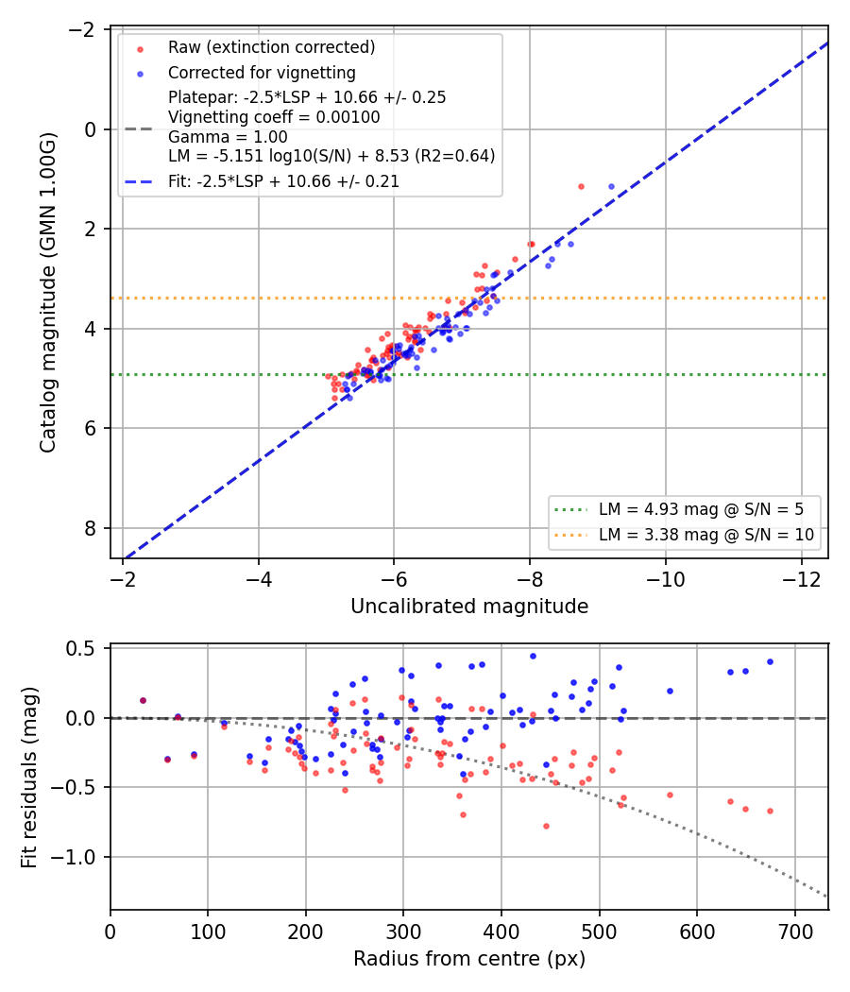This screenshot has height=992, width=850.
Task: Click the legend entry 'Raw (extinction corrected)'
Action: (x=271, y=47)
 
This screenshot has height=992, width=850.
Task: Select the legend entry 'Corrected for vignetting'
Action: (x=262, y=73)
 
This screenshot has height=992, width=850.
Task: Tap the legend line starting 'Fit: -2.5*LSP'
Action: (x=283, y=181)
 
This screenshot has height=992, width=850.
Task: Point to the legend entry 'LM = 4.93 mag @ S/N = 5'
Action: (x=702, y=509)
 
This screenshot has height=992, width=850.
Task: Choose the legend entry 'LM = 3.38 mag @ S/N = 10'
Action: (x=706, y=536)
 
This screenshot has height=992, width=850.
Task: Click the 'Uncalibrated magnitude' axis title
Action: (x=469, y=607)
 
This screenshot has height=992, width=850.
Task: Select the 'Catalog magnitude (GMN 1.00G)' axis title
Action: (x=48, y=292)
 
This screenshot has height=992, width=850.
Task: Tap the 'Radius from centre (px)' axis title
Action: (x=469, y=959)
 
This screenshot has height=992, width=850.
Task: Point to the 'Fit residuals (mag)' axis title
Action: (x=29, y=778)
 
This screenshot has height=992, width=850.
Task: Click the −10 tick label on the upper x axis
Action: (x=665, y=579)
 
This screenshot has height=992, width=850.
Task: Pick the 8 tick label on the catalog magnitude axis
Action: (x=91, y=528)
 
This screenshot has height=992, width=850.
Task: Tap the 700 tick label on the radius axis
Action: (x=795, y=932)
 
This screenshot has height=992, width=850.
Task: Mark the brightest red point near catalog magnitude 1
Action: (x=581, y=187)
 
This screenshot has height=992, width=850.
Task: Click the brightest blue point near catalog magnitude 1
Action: (x=612, y=187)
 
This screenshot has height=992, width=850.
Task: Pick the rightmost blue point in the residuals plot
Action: (x=771, y=661)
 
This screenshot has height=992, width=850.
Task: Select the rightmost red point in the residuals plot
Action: (x=771, y=811)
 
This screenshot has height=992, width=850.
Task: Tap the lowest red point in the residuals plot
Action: (x=547, y=827)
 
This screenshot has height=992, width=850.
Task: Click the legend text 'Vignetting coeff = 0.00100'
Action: (x=274, y=118)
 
